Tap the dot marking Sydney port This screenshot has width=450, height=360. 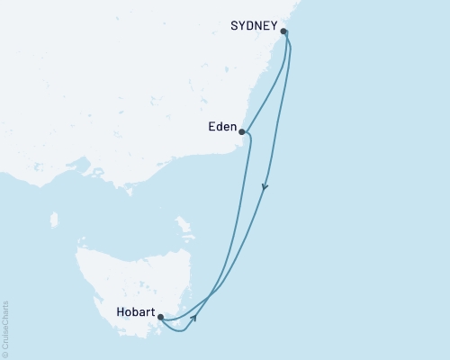point(284,32)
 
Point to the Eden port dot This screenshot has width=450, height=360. point(241,131)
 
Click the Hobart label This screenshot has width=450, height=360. point(133,314)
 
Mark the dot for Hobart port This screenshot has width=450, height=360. point(159,317)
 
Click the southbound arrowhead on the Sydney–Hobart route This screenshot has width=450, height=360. point(265,188)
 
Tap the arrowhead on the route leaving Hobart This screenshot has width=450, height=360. point(194,318)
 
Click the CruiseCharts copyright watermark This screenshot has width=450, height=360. point(4,328)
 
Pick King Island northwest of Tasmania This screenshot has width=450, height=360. point(54,220)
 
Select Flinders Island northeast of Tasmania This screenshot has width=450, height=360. point(184,223)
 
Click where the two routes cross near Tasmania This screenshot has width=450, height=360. point(210,295)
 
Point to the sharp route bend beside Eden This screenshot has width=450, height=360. point(249,137)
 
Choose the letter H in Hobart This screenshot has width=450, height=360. point(120,314)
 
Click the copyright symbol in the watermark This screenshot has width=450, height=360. point(4,354)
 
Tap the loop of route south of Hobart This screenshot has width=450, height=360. point(181,329)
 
